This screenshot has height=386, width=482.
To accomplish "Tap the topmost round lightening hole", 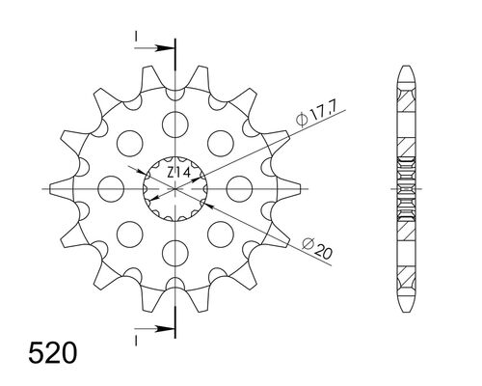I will (175, 123).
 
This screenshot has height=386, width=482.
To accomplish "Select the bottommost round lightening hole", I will (175, 253).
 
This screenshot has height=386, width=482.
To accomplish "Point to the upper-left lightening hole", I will (129, 142).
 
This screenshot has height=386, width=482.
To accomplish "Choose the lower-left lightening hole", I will (129, 234).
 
